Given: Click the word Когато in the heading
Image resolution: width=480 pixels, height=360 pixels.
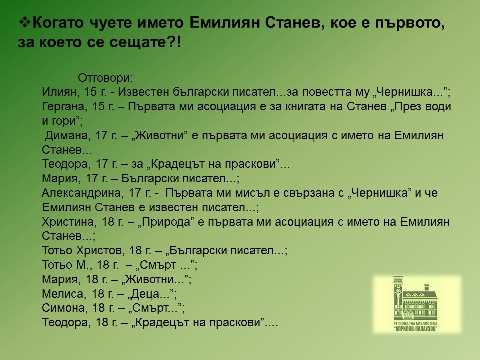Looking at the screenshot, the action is point(58,23).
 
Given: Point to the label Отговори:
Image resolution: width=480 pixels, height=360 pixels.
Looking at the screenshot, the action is point(105,78).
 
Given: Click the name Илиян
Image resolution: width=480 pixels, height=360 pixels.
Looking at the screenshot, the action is point(59,92).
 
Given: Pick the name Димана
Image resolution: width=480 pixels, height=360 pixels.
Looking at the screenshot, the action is point(66,135).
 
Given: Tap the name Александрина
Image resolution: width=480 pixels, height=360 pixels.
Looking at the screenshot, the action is point(81,193).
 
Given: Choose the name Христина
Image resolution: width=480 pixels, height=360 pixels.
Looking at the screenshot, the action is point(67,222).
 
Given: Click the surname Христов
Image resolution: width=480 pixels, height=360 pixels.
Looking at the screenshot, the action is point(99,250).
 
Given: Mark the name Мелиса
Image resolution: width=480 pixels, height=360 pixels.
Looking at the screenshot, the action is point(62,294).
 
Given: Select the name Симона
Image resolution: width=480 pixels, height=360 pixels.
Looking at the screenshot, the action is point(62,308).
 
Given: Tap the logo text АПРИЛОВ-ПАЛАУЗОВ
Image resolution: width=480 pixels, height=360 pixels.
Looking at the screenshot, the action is point(415,329).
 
